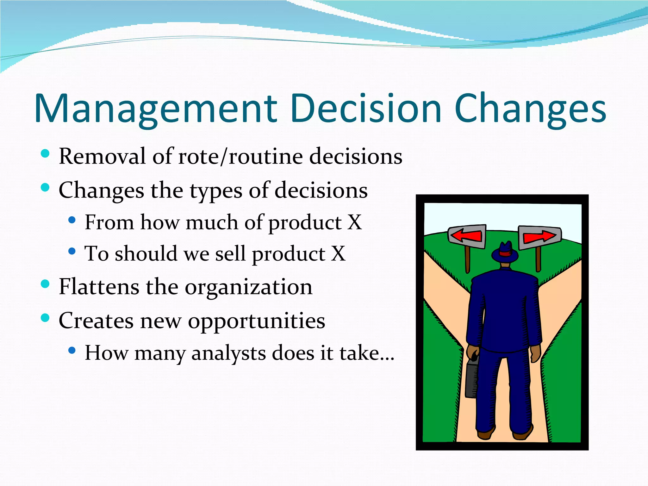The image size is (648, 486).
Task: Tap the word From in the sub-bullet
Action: (x=109, y=222)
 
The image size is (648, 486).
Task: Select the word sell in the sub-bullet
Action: (x=230, y=254)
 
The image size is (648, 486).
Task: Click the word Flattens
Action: (x=99, y=287)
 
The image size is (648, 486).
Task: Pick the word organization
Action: (x=248, y=287)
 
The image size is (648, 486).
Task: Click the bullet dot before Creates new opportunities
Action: (x=45, y=317)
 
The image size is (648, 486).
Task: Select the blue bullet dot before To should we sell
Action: (x=72, y=251)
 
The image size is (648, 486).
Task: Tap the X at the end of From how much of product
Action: (x=354, y=222)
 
